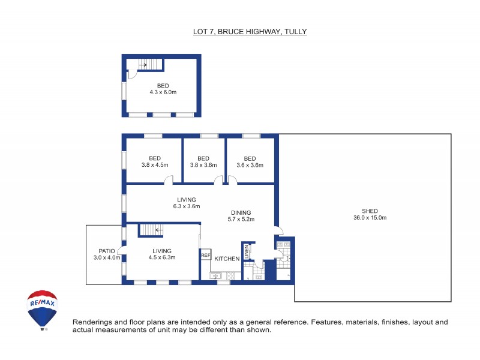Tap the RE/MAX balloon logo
click(43, 309)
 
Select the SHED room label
click(370, 211)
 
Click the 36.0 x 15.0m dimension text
click(370, 218)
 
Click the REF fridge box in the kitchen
click(206, 256)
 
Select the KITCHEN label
click(227, 259)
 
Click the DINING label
click(241, 212)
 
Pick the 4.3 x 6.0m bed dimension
click(163, 92)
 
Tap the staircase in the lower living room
click(152, 229)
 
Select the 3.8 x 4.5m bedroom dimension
click(155, 165)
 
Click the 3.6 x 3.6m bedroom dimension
click(250, 165)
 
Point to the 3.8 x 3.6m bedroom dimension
click(203, 165)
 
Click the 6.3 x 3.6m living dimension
click(186, 206)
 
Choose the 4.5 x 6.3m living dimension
click(161, 258)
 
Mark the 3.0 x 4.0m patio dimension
click(106, 258)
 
